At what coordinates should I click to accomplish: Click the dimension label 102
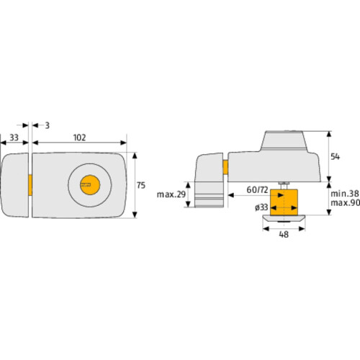point(79,138)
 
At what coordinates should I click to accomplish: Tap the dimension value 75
point(141,185)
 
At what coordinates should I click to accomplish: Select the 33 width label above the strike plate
point(14,138)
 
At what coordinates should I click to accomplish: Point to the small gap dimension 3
point(48,125)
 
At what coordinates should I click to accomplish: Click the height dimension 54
point(336,156)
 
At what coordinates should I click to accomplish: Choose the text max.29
point(171,194)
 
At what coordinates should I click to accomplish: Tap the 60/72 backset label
point(257,189)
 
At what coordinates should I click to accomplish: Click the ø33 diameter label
point(261,207)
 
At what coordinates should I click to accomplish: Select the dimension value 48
point(284,235)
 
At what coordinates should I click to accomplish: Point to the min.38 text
point(345,193)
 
